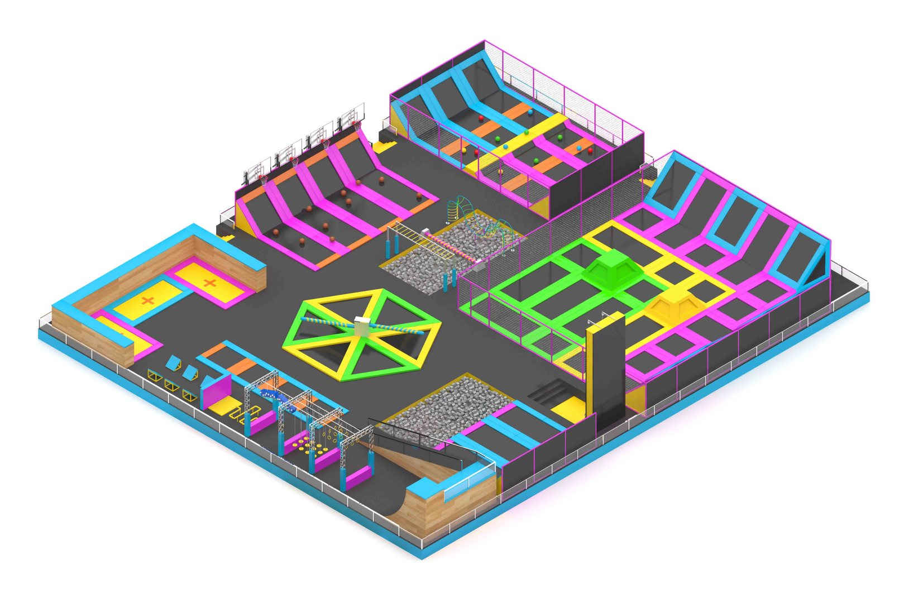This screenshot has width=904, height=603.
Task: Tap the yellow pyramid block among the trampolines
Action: (674, 304)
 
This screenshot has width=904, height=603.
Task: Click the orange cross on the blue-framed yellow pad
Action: (147, 301)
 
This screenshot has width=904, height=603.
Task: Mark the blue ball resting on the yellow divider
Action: (505, 147)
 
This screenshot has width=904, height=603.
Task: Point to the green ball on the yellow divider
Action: (526, 133)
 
